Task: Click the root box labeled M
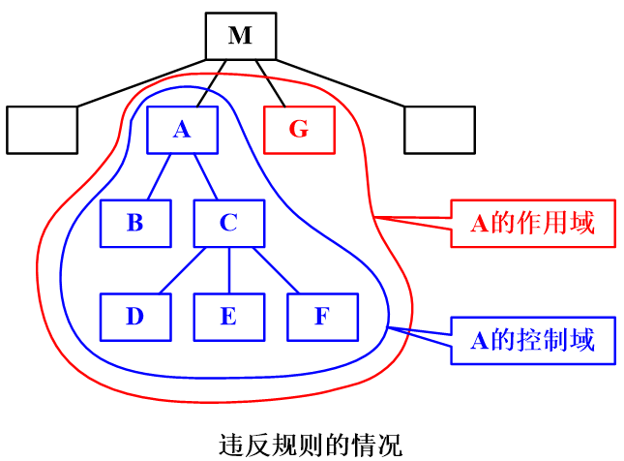tap(240, 36)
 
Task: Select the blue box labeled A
tap(182, 130)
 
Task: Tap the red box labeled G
tap(299, 130)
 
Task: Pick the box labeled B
tap(135, 223)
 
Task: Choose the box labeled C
tap(228, 223)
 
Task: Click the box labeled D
tap(135, 317)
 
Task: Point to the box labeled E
tap(228, 317)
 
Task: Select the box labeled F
tap(322, 317)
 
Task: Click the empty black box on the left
tap(42, 130)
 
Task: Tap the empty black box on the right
tap(439, 130)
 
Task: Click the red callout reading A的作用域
tap(532, 224)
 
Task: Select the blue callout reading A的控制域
tap(532, 340)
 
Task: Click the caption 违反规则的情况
tap(310, 445)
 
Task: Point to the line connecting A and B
tap(159, 176)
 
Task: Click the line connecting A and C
tap(205, 176)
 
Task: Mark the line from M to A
tap(212, 83)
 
